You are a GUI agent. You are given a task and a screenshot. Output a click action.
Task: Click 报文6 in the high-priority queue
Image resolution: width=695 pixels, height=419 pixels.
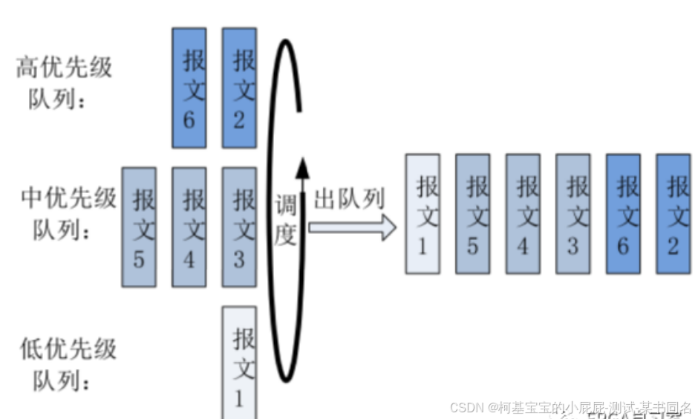(189, 88)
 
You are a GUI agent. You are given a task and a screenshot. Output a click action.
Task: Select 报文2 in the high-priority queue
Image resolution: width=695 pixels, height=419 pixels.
(239, 88)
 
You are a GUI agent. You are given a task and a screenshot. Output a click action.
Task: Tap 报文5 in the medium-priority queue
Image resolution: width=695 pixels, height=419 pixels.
(139, 227)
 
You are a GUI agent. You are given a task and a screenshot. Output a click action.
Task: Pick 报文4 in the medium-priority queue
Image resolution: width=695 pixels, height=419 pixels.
(189, 227)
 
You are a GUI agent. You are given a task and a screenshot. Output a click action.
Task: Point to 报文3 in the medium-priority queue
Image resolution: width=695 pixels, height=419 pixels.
(239, 227)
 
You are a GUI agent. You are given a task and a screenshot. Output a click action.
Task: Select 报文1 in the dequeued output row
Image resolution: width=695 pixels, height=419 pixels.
(422, 213)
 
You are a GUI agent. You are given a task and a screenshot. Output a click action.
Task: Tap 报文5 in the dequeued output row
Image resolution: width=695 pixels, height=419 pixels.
(472, 213)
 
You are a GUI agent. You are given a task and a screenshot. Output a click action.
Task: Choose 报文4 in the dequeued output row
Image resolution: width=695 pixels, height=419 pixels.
(523, 213)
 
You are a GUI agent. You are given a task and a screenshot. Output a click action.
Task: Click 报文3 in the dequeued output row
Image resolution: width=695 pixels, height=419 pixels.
(572, 213)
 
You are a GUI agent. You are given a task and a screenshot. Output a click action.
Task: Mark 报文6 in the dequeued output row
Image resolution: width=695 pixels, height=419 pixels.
(623, 213)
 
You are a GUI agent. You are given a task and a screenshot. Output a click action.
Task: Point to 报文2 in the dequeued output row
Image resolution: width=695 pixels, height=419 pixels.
(673, 213)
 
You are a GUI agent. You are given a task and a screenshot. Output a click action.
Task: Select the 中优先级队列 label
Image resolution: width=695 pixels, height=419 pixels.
(67, 214)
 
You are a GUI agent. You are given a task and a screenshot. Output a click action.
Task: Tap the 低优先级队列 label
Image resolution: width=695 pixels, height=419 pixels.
(67, 364)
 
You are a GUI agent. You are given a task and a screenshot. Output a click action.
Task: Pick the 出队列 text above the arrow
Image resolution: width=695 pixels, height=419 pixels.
(349, 199)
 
